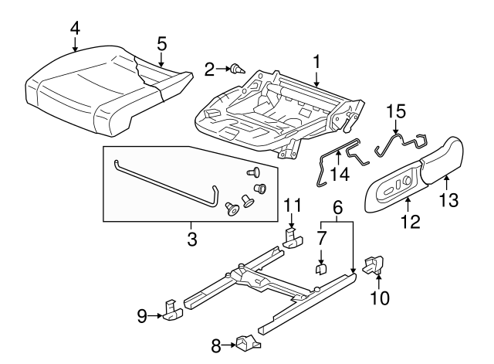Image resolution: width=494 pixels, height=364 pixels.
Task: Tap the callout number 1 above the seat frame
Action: pos(316,60)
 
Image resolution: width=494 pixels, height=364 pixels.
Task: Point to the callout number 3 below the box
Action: pos(191,239)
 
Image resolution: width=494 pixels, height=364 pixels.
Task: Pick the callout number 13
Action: pos(448,202)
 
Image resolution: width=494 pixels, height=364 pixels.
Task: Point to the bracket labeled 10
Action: pos(373,264)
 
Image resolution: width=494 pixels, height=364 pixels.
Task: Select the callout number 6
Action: pos(337,208)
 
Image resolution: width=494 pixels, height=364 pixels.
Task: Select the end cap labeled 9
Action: pos(172,311)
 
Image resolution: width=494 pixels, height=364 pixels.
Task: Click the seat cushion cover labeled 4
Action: pos(85,85)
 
